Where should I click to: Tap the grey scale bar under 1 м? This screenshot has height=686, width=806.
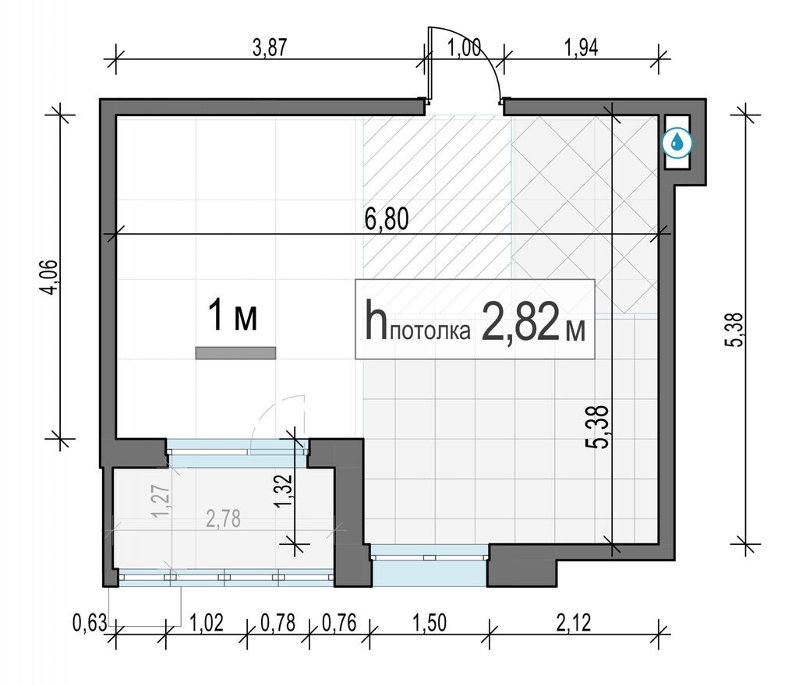tap(235, 352)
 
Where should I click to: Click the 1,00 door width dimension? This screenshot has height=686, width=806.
tap(464, 48)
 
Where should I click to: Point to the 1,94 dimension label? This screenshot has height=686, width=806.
tap(582, 48)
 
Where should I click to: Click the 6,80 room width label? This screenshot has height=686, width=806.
tap(387, 219)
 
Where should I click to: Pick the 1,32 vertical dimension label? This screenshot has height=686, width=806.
tap(283, 490)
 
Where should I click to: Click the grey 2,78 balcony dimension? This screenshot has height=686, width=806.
tap(223, 519)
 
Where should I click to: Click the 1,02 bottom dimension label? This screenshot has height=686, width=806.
tap(207, 623)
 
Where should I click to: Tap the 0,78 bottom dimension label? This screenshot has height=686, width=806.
tap(278, 623)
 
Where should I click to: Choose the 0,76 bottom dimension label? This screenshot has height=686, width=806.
tap(339, 623)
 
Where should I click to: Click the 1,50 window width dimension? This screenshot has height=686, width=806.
tap(430, 623)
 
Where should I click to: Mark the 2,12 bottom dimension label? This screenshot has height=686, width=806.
tap(574, 623)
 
